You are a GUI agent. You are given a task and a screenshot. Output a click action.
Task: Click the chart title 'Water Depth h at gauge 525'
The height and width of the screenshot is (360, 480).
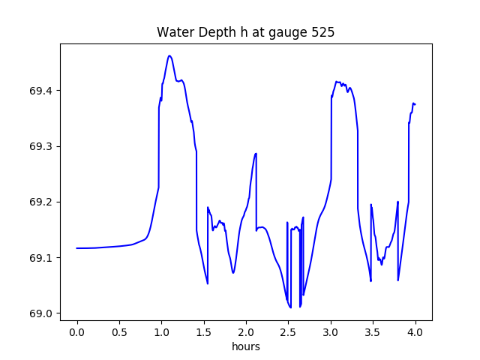pos(245,33)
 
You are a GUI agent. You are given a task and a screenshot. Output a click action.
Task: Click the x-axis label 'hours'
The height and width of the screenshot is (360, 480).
pos(245,347)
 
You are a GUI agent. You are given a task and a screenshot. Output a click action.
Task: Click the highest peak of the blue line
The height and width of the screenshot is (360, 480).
pos(169,55)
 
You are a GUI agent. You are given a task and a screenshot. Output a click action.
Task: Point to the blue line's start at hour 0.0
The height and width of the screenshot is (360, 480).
pos(77,248)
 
